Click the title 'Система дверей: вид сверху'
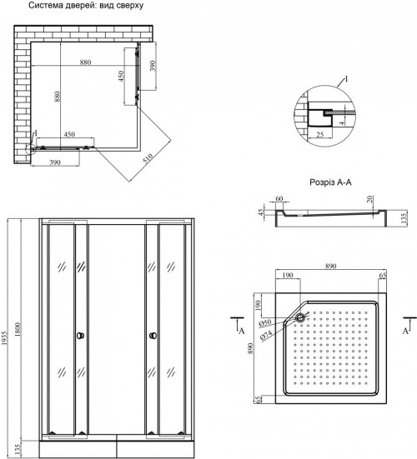(x=86, y=5)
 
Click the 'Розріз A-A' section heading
(x=330, y=182)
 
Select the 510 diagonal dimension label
(x=148, y=158)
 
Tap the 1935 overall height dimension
(x=4, y=338)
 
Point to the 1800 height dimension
(x=18, y=329)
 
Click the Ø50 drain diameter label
(x=265, y=323)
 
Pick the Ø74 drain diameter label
(x=266, y=335)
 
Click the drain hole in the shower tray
(x=300, y=317)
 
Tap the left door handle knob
(x=80, y=336)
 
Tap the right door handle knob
(x=153, y=336)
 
